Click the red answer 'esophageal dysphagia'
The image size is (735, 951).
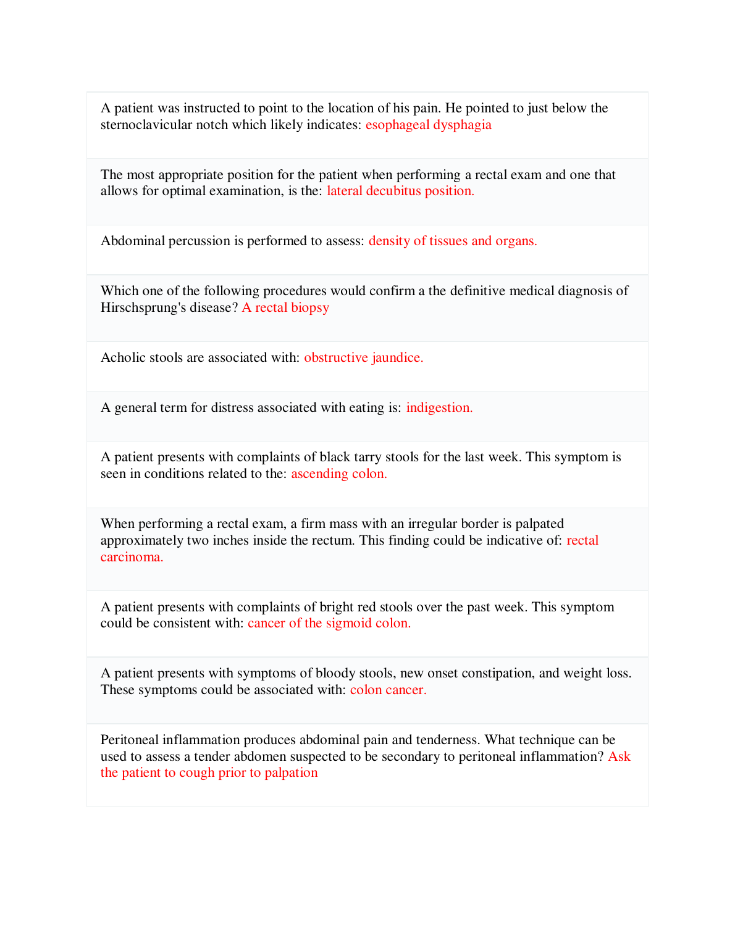pos(428,125)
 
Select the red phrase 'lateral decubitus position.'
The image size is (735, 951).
pos(400,191)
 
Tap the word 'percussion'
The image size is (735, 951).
pos(200,241)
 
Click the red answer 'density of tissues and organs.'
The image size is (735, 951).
pos(453,241)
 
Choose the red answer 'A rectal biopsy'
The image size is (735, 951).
pos(285,308)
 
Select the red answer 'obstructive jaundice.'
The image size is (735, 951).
pos(363,358)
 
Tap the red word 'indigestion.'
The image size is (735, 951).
pos(439,408)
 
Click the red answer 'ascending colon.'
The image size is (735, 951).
pos(339,474)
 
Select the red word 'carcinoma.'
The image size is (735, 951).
pos(132,557)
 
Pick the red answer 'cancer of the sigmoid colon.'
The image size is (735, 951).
pos(329,623)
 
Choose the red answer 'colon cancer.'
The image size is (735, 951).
pos(388,690)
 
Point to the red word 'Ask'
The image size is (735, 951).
pos(619,756)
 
